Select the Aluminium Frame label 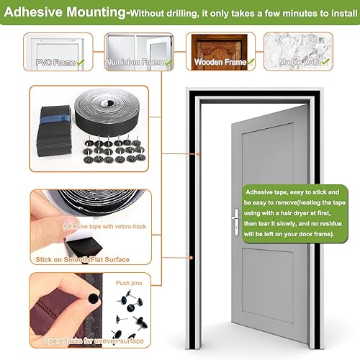[x=134, y=63]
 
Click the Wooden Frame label [x=218, y=63]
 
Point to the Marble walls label [x=302, y=63]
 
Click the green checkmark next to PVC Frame [x=80, y=63]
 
